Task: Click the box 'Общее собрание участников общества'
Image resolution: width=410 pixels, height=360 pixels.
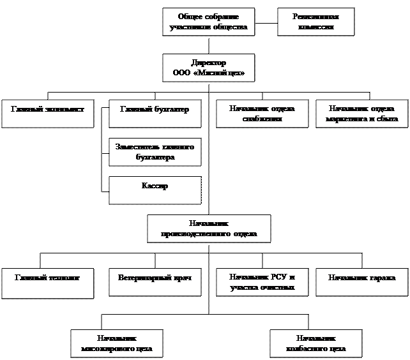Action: [208, 22]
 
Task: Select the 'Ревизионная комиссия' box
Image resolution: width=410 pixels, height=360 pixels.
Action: [315, 22]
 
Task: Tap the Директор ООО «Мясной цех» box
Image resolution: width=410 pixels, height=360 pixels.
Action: [208, 68]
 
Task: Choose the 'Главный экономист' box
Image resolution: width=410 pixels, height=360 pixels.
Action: [48, 114]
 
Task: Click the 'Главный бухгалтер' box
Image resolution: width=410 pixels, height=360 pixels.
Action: [155, 114]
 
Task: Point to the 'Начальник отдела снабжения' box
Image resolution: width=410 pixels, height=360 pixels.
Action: [262, 114]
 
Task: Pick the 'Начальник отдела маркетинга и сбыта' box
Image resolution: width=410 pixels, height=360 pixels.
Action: [361, 114]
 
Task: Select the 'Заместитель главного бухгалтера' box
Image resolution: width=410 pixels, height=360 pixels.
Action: [155, 152]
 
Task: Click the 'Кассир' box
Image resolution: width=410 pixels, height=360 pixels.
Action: [155, 190]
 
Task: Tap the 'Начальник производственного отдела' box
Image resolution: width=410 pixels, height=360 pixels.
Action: [209, 229]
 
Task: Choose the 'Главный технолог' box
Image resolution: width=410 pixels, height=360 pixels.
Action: [48, 282]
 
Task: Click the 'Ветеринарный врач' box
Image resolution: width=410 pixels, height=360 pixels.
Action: [155, 282]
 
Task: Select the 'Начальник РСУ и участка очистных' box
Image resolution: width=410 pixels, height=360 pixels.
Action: [262, 282]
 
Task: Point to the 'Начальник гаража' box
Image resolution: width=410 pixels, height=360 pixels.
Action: [361, 282]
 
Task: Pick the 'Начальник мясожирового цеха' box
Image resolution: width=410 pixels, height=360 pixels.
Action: [116, 343]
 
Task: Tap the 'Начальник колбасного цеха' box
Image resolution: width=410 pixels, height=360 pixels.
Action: [315, 343]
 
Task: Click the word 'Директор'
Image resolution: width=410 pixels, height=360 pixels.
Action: [209, 63]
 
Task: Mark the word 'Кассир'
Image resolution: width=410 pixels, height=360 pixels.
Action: [155, 186]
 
